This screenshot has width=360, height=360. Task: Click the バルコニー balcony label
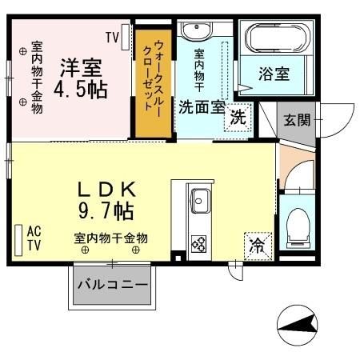(x=112, y=285)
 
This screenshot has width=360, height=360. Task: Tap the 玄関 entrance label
(x=298, y=120)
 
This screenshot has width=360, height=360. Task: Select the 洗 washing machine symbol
(x=238, y=117)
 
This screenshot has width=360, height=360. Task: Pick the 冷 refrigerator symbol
(x=258, y=243)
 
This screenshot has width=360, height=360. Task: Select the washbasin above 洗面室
(x=194, y=33)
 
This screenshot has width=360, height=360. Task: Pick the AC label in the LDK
(x=34, y=231)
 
